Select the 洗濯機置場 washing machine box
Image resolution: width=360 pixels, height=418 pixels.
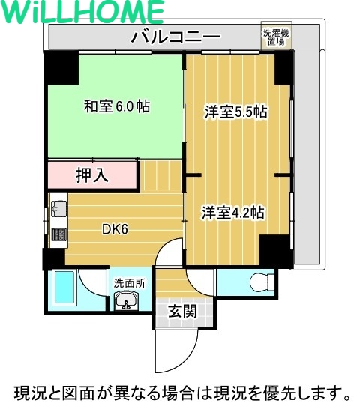click(274, 37)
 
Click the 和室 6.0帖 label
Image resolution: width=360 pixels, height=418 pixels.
click(116, 106)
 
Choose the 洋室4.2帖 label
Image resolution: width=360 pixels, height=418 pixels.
click(232, 212)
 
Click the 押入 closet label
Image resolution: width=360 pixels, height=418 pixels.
click(93, 176)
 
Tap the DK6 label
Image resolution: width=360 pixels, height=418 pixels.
click(115, 229)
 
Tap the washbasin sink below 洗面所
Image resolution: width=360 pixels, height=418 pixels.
click(124, 302)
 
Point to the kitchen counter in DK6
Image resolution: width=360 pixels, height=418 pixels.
click(58, 221)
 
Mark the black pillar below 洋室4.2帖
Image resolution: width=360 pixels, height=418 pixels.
click(275, 250)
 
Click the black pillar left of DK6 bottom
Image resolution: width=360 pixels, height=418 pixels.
click(53, 258)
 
